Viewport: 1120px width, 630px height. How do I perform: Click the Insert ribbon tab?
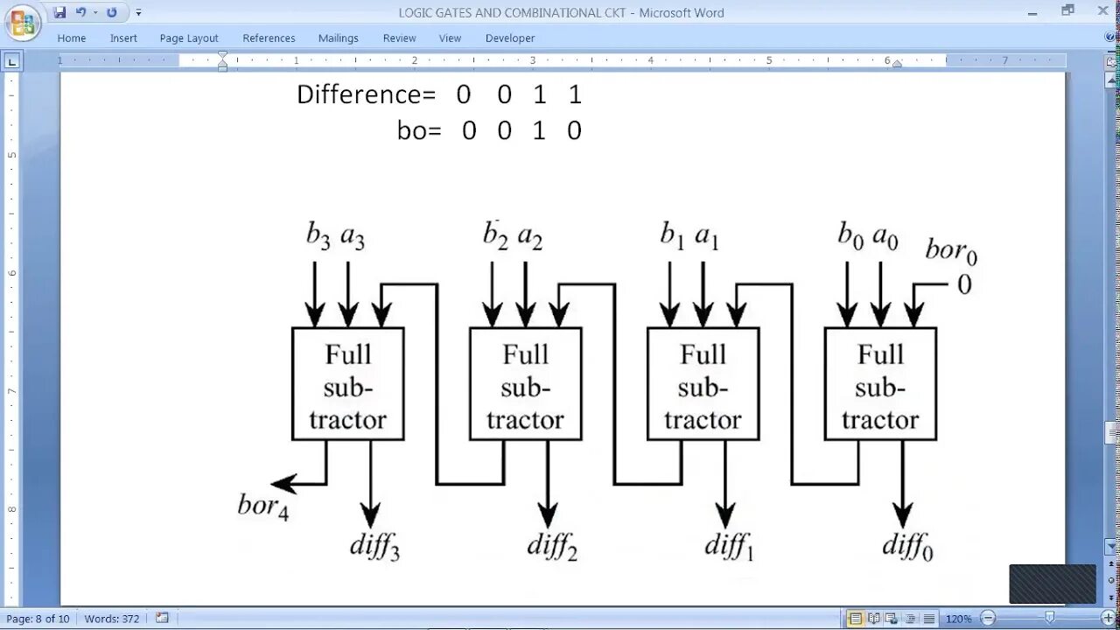(x=123, y=38)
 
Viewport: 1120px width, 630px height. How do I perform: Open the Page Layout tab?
(x=189, y=38)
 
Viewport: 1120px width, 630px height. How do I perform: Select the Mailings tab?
(x=338, y=38)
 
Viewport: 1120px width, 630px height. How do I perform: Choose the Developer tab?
(x=509, y=38)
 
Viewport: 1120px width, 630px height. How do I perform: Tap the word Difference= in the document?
(x=366, y=94)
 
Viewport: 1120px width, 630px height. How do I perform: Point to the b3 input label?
(x=318, y=236)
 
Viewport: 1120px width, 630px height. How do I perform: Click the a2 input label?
(x=530, y=236)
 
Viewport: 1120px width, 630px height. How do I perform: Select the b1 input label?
(x=672, y=236)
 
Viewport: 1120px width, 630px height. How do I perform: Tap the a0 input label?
(x=885, y=236)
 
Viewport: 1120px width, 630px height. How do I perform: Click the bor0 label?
(x=951, y=252)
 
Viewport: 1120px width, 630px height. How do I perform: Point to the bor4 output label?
(x=262, y=506)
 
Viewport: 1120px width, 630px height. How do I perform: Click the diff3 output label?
(x=374, y=545)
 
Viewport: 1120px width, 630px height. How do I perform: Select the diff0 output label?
(x=907, y=547)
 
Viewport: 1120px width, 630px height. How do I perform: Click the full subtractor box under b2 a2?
(x=525, y=385)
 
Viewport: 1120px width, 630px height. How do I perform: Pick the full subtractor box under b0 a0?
(x=880, y=385)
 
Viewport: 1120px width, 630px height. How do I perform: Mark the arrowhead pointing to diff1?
(x=724, y=515)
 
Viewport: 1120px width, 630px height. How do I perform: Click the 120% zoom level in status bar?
(x=958, y=619)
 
